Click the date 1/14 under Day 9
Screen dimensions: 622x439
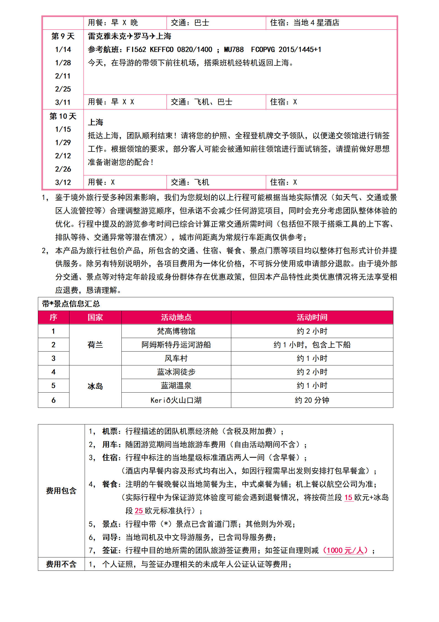point(63,50)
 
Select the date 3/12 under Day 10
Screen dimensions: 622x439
point(63,182)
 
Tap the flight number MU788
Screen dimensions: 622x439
point(234,50)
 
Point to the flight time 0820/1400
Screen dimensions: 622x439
point(194,50)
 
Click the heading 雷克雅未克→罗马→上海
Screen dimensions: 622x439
point(129,36)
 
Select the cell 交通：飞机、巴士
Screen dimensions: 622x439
point(201,102)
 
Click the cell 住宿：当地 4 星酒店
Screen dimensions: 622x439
point(305,23)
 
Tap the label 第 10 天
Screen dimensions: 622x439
point(63,116)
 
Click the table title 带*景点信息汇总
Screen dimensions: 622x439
point(71,304)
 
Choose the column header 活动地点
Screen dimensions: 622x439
point(176,317)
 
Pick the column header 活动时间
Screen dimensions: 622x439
point(312,317)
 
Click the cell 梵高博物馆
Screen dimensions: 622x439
point(176,331)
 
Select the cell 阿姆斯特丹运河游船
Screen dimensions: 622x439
point(176,345)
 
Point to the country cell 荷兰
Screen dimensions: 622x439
point(95,345)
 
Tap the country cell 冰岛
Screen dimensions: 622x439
point(95,386)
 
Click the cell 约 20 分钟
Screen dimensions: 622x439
point(312,400)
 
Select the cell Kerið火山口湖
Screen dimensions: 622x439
point(176,400)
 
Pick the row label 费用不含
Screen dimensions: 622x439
point(61,564)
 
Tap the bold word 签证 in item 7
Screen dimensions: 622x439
point(110,550)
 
